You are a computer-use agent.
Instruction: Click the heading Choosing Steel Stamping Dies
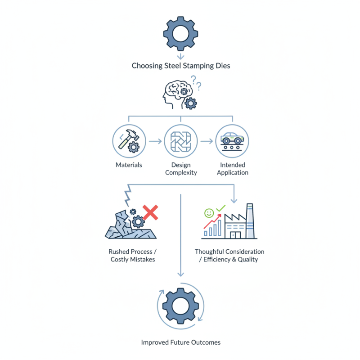click(x=181, y=66)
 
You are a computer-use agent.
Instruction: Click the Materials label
click(x=129, y=165)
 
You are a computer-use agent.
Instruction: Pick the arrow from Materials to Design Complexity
click(x=155, y=141)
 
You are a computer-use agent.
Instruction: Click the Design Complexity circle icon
click(x=181, y=141)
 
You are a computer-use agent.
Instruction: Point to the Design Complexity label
click(x=181, y=169)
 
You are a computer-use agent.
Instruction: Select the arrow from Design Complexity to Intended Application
click(x=207, y=141)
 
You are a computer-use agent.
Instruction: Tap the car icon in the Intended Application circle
click(x=232, y=138)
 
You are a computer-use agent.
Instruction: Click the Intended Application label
click(x=233, y=169)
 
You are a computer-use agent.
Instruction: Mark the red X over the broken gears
click(x=150, y=212)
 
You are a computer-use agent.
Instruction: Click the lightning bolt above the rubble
click(x=128, y=195)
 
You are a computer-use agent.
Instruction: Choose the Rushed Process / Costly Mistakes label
click(x=133, y=256)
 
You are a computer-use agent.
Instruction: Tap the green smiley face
click(x=209, y=213)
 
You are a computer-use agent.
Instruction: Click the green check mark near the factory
click(x=220, y=208)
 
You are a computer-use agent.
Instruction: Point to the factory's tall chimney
click(x=250, y=221)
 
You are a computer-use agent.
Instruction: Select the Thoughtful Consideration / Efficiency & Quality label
click(x=229, y=256)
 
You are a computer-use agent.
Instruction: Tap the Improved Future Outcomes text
click(x=181, y=342)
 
